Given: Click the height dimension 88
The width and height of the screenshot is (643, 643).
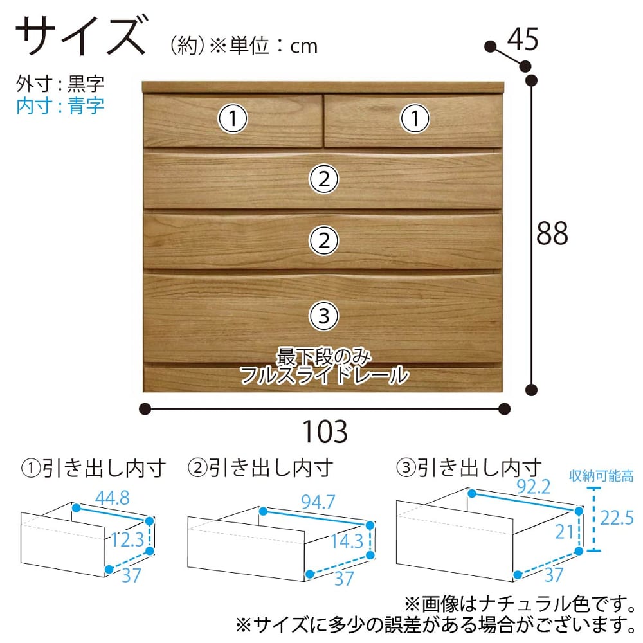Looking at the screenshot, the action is coord(552,233).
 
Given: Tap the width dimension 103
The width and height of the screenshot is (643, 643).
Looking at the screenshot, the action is coord(325,431).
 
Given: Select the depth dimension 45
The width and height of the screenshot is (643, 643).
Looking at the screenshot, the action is coord(522,39).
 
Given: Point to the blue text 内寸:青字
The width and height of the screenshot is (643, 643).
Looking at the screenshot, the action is coord(60,106).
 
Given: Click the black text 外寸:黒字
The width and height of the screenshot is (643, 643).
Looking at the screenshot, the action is coord(60,84).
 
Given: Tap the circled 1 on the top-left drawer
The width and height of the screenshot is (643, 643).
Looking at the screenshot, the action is coord(233,118).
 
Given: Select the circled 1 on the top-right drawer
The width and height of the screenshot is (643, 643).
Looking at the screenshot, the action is coord(415,118).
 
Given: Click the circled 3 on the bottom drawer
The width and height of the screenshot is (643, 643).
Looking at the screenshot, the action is coord(324,316).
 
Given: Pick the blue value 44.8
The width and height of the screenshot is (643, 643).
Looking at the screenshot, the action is coord(113,498).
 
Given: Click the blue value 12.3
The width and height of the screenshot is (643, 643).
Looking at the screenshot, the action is coord(127,539).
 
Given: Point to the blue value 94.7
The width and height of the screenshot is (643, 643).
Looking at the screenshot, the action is coord(318,502).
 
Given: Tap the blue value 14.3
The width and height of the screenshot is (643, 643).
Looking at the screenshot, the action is coord(347,541).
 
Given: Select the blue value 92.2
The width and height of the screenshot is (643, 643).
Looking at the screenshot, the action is coord(534,487).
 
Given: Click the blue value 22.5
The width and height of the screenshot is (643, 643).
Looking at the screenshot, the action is coord(617,518).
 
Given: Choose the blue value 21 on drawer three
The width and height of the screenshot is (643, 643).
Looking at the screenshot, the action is coord(565,532).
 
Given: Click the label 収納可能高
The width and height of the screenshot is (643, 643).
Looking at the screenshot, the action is coord(601,476).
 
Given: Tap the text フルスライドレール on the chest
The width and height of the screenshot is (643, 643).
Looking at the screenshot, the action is coord(324,375).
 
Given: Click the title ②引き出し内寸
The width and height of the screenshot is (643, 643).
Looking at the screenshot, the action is coord(260,468).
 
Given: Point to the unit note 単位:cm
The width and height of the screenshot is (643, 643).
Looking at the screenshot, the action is coord(273,46).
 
